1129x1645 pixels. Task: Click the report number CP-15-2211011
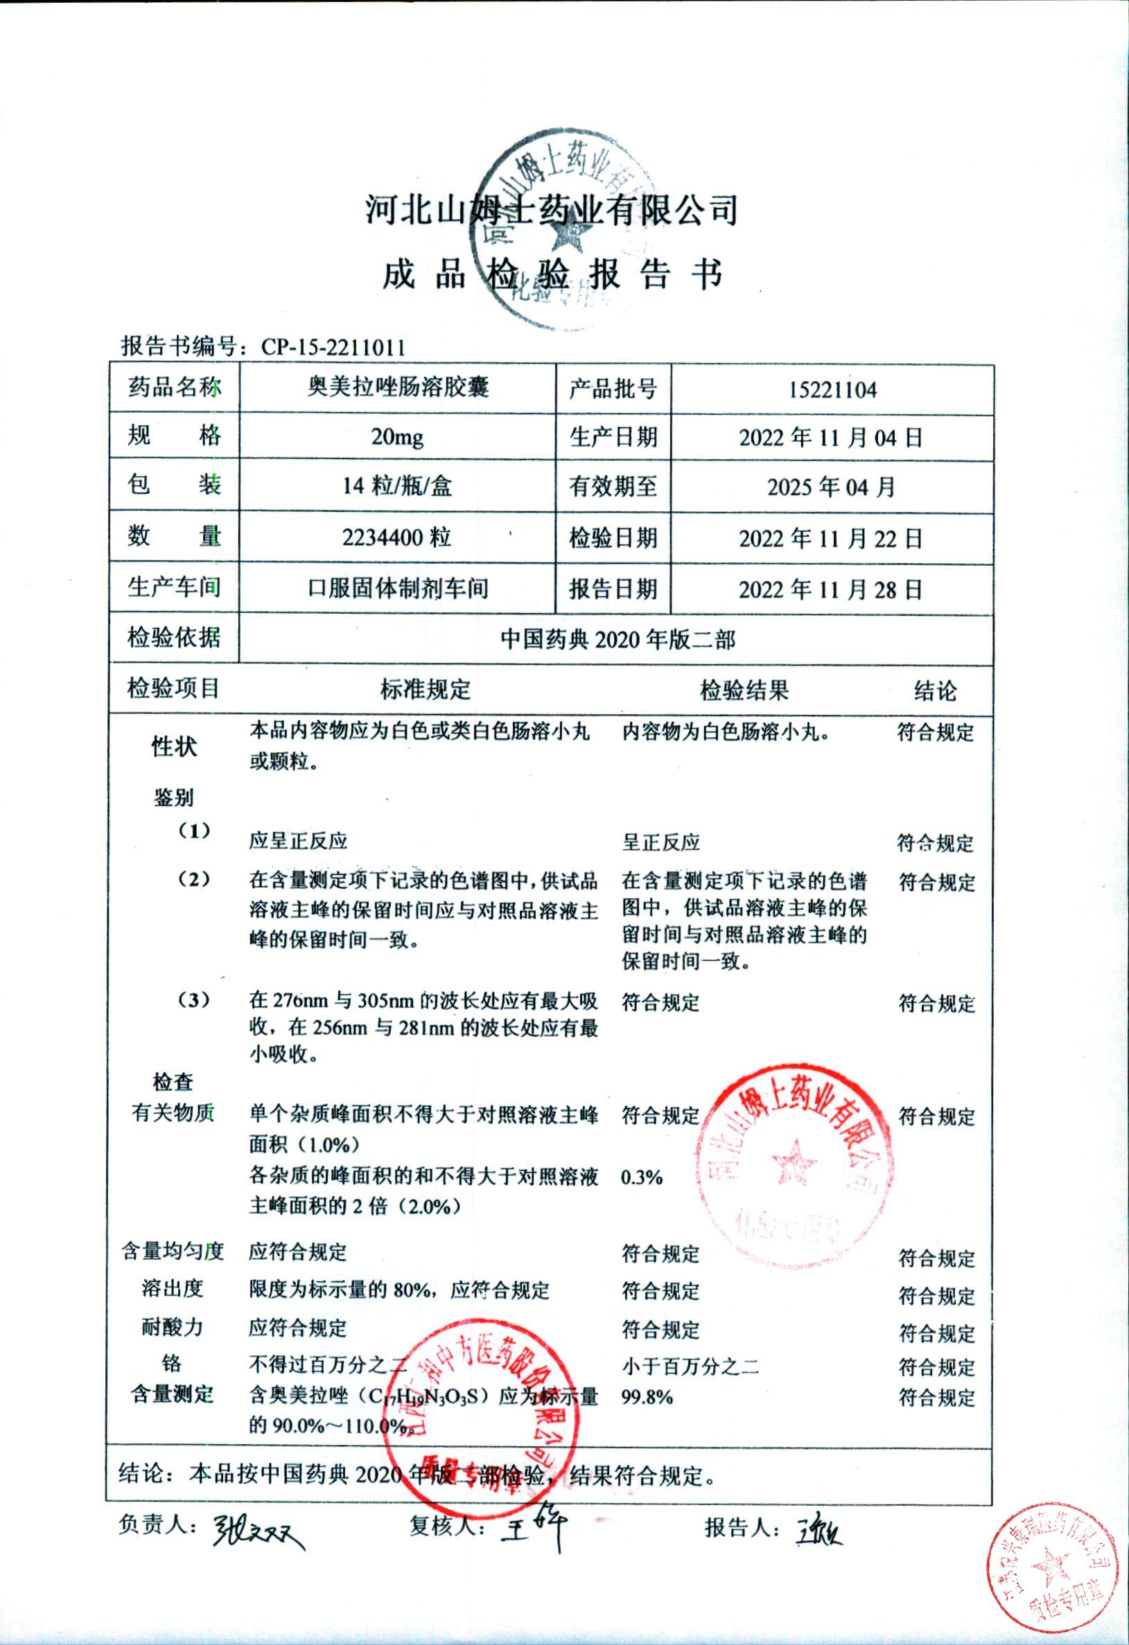click(x=333, y=347)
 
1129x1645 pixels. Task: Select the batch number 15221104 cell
click(x=832, y=390)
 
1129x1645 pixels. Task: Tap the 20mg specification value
click(x=397, y=438)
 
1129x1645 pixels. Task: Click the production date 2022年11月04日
click(x=831, y=438)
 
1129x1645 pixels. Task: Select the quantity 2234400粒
click(x=396, y=538)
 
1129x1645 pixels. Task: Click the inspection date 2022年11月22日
click(x=831, y=539)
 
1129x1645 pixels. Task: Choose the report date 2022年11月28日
click(x=831, y=589)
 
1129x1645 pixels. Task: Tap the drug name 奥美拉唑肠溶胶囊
click(x=397, y=388)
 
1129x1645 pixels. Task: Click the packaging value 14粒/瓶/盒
click(x=397, y=486)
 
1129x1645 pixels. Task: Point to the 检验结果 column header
click(x=744, y=690)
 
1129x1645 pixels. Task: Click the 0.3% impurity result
click(x=642, y=1177)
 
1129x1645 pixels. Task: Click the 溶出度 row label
click(x=172, y=1288)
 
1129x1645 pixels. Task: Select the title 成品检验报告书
click(x=552, y=274)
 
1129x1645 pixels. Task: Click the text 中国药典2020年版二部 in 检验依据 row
click(x=618, y=639)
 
